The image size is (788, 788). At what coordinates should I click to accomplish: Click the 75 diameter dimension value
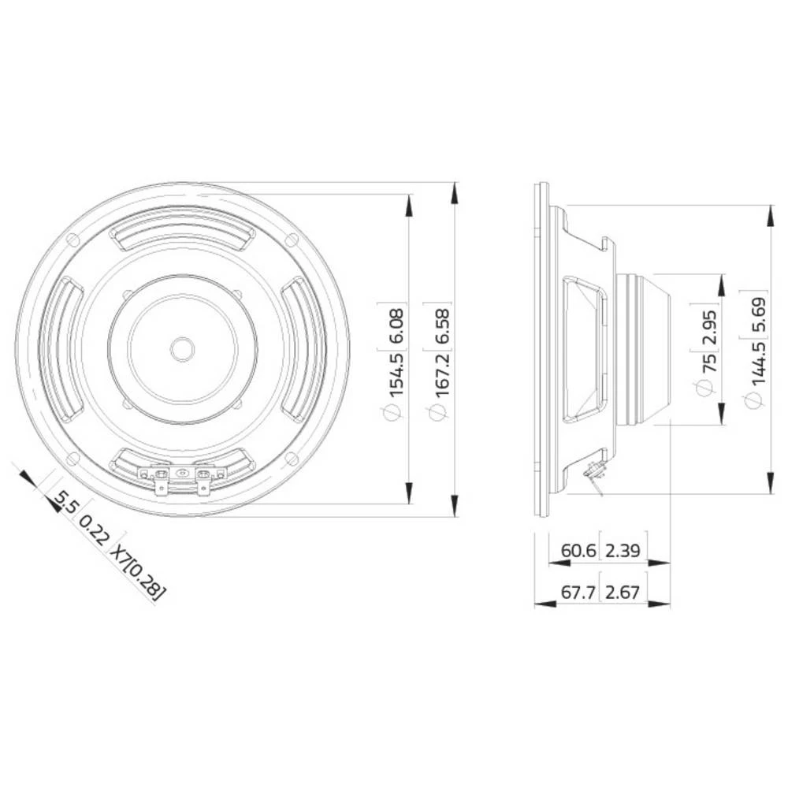[706, 363]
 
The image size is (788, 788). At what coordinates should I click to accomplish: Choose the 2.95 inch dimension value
[706, 323]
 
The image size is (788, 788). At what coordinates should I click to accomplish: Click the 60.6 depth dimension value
[578, 550]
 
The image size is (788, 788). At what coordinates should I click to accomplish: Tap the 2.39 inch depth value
[623, 550]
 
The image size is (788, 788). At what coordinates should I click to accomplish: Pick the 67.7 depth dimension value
[578, 592]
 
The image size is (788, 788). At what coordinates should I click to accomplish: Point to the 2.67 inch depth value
[623, 592]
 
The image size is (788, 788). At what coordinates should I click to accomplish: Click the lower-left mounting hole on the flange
[72, 458]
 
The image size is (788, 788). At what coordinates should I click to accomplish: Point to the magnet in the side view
[642, 349]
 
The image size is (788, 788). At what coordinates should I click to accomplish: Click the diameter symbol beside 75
[706, 387]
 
